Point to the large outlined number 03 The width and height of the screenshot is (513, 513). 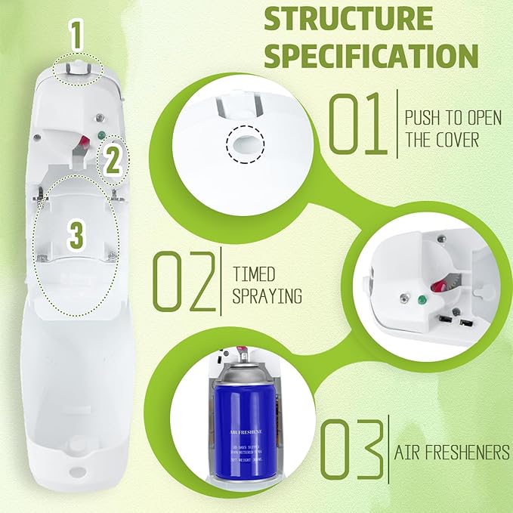pos(351,451)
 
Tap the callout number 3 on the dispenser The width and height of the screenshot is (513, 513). pos(76,236)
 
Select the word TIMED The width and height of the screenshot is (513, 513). pos(254,273)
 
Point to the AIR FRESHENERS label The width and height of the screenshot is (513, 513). pos(451,452)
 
